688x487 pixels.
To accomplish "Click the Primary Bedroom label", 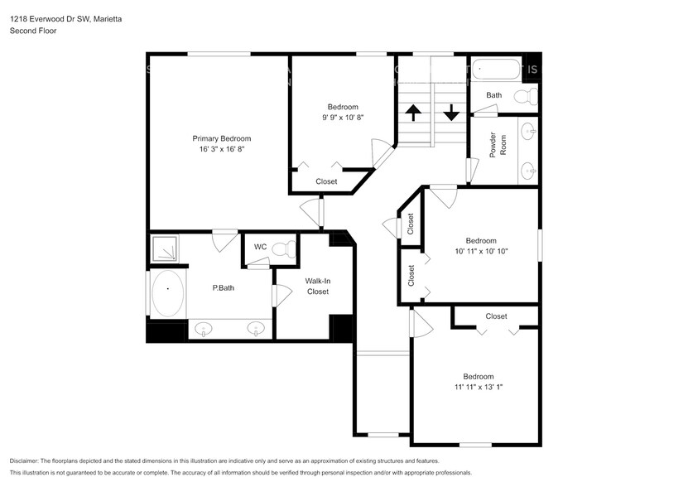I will click(221, 138).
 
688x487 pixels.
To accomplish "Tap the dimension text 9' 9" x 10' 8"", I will click(343, 118).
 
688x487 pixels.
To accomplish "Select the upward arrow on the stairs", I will click(412, 112).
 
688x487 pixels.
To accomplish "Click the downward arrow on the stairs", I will click(450, 112).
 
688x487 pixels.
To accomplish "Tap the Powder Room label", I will click(498, 145).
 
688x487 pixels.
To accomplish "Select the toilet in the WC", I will click(284, 248).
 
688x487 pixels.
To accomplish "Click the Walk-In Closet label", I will click(317, 287).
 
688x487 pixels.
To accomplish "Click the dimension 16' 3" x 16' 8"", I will click(221, 150).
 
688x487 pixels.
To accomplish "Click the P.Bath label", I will click(222, 288).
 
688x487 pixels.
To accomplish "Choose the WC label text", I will click(260, 247).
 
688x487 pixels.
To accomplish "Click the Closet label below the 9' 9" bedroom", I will click(326, 181).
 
